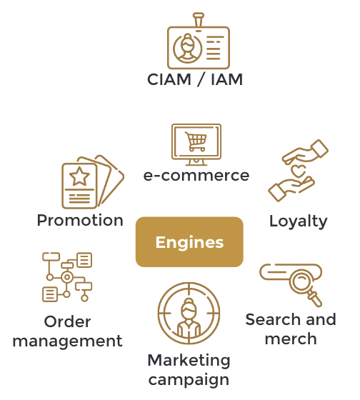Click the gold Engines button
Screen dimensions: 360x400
click(189, 242)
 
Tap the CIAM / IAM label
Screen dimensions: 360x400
click(195, 79)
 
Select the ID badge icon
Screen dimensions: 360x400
click(199, 41)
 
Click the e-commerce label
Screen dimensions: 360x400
click(196, 176)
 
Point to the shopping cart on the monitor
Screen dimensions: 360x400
click(196, 141)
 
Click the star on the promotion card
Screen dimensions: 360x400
click(79, 176)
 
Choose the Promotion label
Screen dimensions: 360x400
click(80, 220)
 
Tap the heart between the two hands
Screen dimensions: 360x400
click(298, 171)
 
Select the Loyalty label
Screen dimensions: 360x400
click(299, 221)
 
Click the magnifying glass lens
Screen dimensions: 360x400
click(301, 281)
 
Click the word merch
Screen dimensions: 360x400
click(291, 339)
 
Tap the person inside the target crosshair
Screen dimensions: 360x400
click(189, 318)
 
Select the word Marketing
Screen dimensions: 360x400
click(189, 361)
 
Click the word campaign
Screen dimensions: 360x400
click(189, 380)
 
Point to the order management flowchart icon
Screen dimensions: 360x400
click(67, 277)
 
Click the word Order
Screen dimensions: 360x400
click(67, 321)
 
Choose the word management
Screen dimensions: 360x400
click(68, 341)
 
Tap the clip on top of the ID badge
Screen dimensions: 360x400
click(199, 20)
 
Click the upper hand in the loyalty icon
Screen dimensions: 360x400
click(305, 151)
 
